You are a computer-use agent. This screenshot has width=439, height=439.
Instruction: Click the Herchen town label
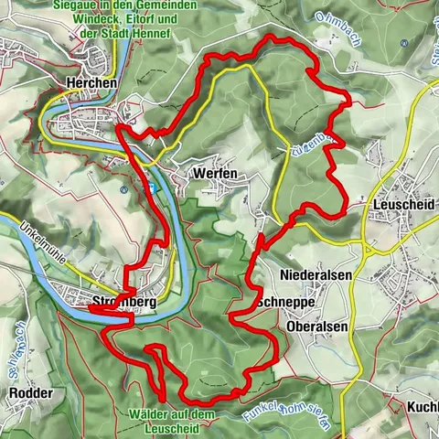(91, 81)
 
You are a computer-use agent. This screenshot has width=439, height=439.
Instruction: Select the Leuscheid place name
(402, 206)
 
